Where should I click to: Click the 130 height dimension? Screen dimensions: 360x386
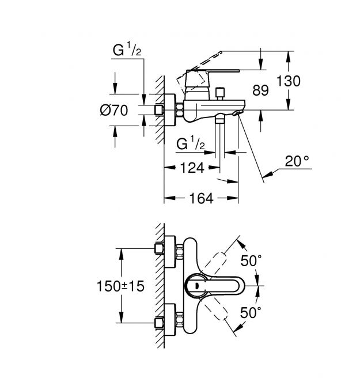[289, 81]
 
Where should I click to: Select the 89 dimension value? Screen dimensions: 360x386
[260, 90]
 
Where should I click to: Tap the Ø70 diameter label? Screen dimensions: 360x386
[114, 110]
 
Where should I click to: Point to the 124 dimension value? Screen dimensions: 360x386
[192, 168]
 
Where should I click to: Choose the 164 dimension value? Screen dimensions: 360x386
[201, 198]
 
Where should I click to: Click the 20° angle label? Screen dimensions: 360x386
[297, 161]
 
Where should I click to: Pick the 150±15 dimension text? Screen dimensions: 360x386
[120, 286]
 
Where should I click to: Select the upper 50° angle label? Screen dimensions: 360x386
[251, 261]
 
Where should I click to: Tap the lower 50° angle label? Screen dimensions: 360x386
[251, 313]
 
